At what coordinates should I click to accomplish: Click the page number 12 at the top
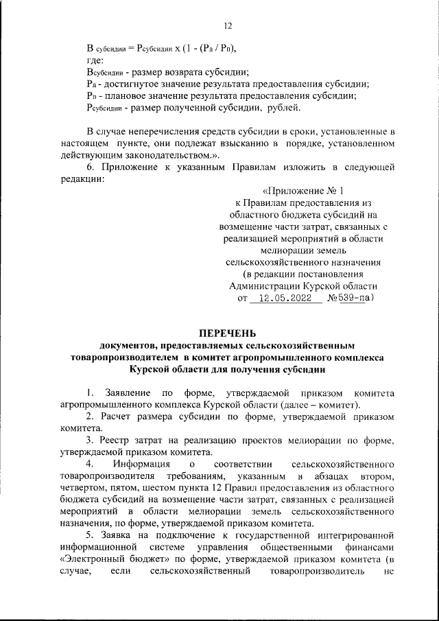point(228,25)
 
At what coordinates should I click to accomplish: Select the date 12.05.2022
point(283,298)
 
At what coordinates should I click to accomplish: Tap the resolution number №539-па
point(349,298)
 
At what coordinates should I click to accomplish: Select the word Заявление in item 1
point(128,392)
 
